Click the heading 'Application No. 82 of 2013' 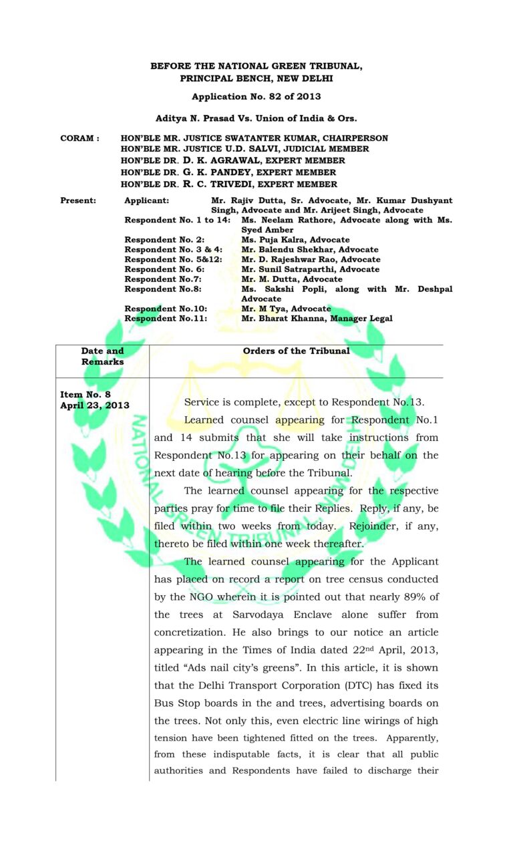pyautogui.click(x=256, y=97)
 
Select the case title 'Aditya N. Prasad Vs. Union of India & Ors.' pyautogui.click(x=256, y=118)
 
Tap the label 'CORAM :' pyautogui.click(x=79, y=138)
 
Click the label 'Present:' pyautogui.click(x=78, y=200)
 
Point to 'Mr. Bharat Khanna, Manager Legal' pyautogui.click(x=317, y=319)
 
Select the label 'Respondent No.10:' pyautogui.click(x=166, y=309)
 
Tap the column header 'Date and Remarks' pyautogui.click(x=103, y=356)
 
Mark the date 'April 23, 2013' pyautogui.click(x=95, y=405)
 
